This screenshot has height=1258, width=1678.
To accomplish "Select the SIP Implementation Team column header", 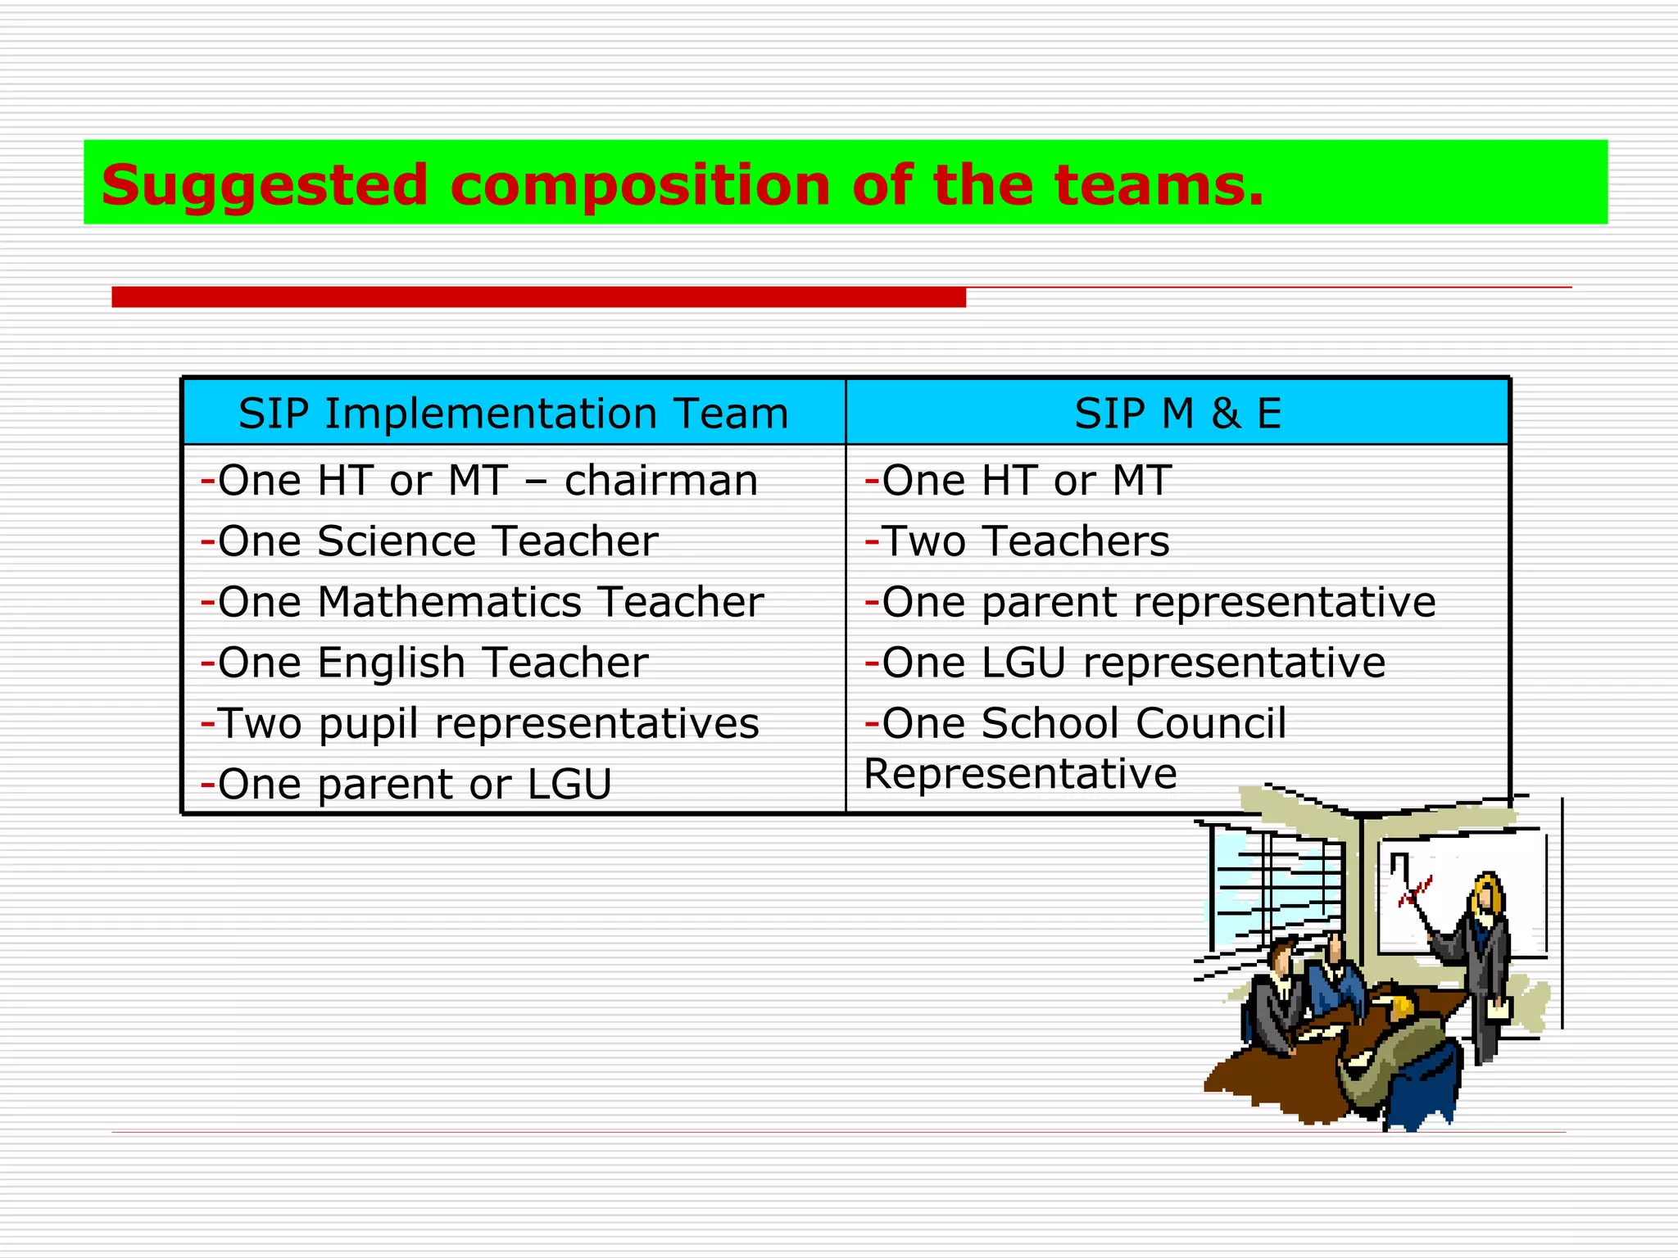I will pyautogui.click(x=513, y=413).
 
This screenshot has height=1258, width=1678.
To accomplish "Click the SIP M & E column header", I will pyautogui.click(x=1177, y=413).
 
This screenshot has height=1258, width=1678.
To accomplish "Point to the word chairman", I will pyautogui.click(x=660, y=481).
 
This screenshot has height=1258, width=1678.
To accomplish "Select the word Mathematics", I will pyautogui.click(x=449, y=602).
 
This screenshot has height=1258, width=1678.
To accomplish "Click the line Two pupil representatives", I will pyautogui.click(x=480, y=724).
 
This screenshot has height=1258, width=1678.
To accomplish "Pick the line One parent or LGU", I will pyautogui.click(x=406, y=785).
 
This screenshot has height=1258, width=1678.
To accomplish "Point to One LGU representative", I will pyautogui.click(x=1125, y=663).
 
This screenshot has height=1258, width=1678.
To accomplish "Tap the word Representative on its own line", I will pyautogui.click(x=1020, y=774).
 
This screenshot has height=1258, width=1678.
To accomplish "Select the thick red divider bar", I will pyautogui.click(x=538, y=296).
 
